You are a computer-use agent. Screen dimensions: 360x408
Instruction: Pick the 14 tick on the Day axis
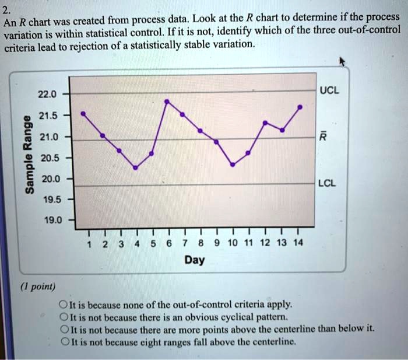click(298, 243)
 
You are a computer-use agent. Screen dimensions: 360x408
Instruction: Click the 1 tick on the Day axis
click(88, 243)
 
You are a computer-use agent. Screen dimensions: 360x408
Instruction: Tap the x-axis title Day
click(194, 260)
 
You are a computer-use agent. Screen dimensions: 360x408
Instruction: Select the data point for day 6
click(168, 102)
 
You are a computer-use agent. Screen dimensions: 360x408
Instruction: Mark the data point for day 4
click(135, 167)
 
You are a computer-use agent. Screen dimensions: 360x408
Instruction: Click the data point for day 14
click(300, 107)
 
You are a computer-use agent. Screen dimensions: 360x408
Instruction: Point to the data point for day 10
click(233, 165)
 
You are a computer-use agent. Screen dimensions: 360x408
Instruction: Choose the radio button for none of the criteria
click(62, 305)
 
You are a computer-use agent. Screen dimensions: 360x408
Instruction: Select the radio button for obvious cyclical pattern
click(62, 317)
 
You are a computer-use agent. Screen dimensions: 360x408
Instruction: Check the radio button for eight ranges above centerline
click(62, 341)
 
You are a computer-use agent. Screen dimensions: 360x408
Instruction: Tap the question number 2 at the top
click(7, 9)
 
